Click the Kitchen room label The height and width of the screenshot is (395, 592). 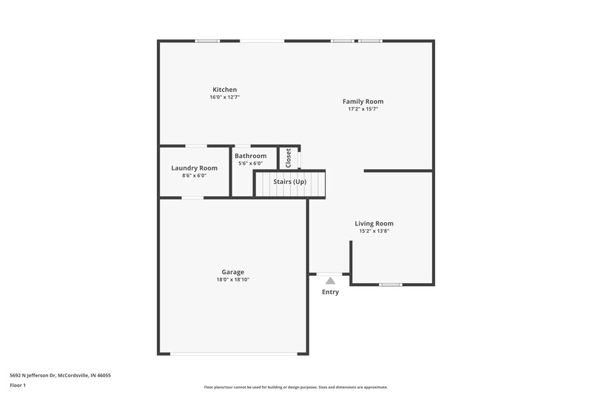coord(225,90)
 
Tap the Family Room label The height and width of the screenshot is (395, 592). coord(363,102)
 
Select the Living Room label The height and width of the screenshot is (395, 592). coord(374,223)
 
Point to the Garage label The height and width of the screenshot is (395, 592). coord(232,272)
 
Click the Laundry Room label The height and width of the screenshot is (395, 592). coord(194,168)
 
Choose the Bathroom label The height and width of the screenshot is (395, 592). coord(250,156)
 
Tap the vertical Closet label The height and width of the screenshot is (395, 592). coord(288,157)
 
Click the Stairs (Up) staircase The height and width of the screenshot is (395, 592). coord(289,182)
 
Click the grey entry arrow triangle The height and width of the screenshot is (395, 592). coord(330,280)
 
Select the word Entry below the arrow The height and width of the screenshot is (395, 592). coord(330,292)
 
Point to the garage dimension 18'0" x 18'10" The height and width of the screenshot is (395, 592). coord(232,279)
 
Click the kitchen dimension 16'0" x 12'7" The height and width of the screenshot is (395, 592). coord(225,97)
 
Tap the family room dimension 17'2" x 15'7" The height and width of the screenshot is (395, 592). coord(363,109)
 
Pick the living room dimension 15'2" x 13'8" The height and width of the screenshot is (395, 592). coord(374,230)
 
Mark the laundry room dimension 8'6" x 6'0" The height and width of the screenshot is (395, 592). coord(194,176)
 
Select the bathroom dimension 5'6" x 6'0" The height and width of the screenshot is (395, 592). coord(250,163)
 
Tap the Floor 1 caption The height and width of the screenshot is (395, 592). coord(18,385)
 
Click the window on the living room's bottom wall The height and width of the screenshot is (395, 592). coord(390,285)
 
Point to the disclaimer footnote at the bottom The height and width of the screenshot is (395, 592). coord(295,387)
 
